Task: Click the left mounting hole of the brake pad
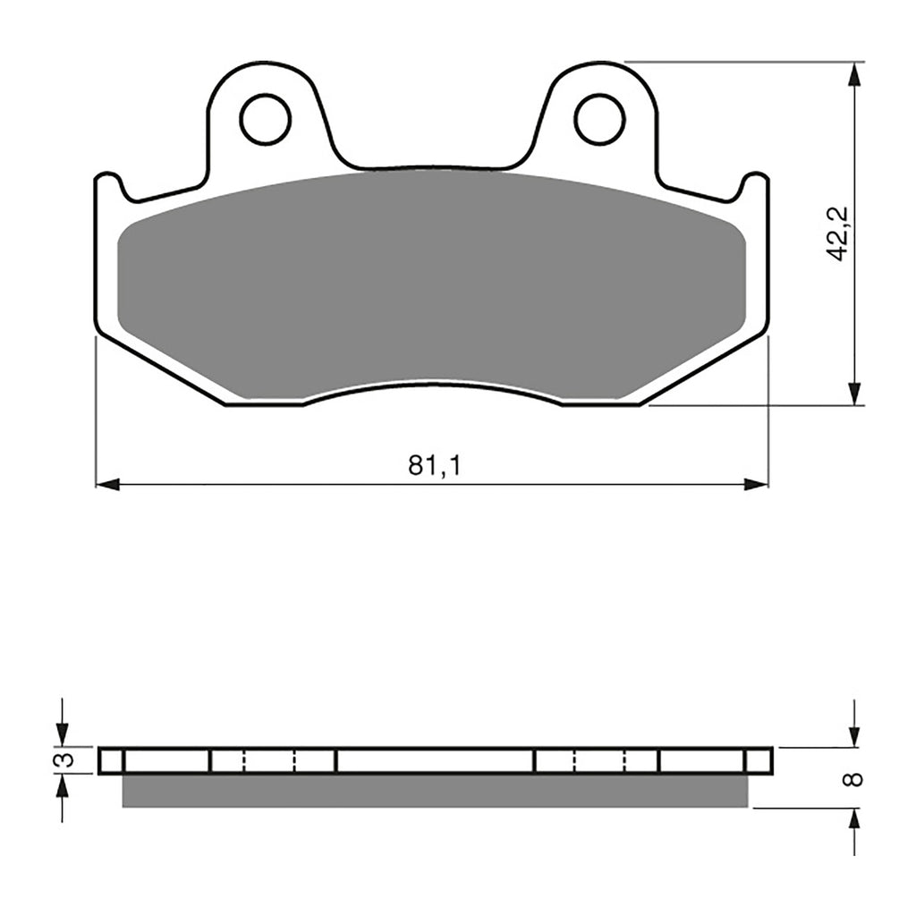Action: (x=266, y=118)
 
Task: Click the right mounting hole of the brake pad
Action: (x=599, y=118)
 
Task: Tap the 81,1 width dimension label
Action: (x=434, y=466)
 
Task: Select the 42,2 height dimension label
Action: (x=838, y=233)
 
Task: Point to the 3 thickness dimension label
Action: (x=62, y=760)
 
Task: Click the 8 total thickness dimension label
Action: (x=855, y=778)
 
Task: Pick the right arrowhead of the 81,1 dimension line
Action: (x=757, y=484)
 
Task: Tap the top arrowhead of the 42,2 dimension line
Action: (x=856, y=73)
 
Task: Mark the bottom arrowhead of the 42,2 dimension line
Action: (x=856, y=394)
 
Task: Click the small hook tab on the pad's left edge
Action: (x=109, y=184)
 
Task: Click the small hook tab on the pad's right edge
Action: (x=755, y=184)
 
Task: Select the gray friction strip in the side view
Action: (x=434, y=791)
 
